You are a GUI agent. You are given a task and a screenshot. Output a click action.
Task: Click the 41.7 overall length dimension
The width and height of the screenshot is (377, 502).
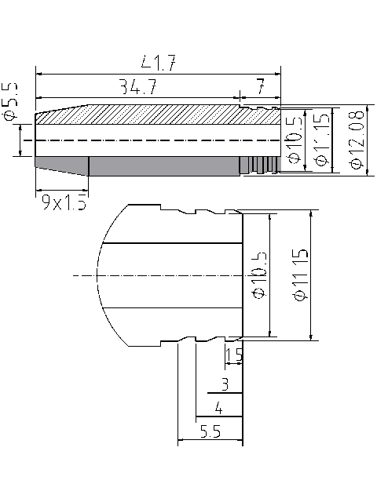pos(156,62)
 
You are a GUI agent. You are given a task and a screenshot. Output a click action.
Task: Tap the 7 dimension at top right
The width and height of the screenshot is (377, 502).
pos(260,85)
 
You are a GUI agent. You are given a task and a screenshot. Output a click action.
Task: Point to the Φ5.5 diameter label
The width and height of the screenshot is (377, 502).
pos(10,102)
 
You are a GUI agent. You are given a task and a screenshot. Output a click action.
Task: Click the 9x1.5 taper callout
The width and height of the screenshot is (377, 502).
pos(64,203)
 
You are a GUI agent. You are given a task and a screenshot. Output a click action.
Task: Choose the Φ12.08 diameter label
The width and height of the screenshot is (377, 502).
pos(355,141)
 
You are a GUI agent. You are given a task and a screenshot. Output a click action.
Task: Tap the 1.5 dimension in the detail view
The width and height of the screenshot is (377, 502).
pos(234,356)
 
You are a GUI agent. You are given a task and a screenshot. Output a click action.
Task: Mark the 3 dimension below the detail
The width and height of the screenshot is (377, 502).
pos(225,384)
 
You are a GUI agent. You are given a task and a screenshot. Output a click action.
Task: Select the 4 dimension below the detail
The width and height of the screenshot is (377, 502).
pos(218,408)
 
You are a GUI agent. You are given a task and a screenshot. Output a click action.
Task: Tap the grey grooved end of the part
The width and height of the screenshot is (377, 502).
pos(259,165)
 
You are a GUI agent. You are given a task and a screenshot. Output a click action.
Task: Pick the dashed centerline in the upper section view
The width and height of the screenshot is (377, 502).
pos(157,140)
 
